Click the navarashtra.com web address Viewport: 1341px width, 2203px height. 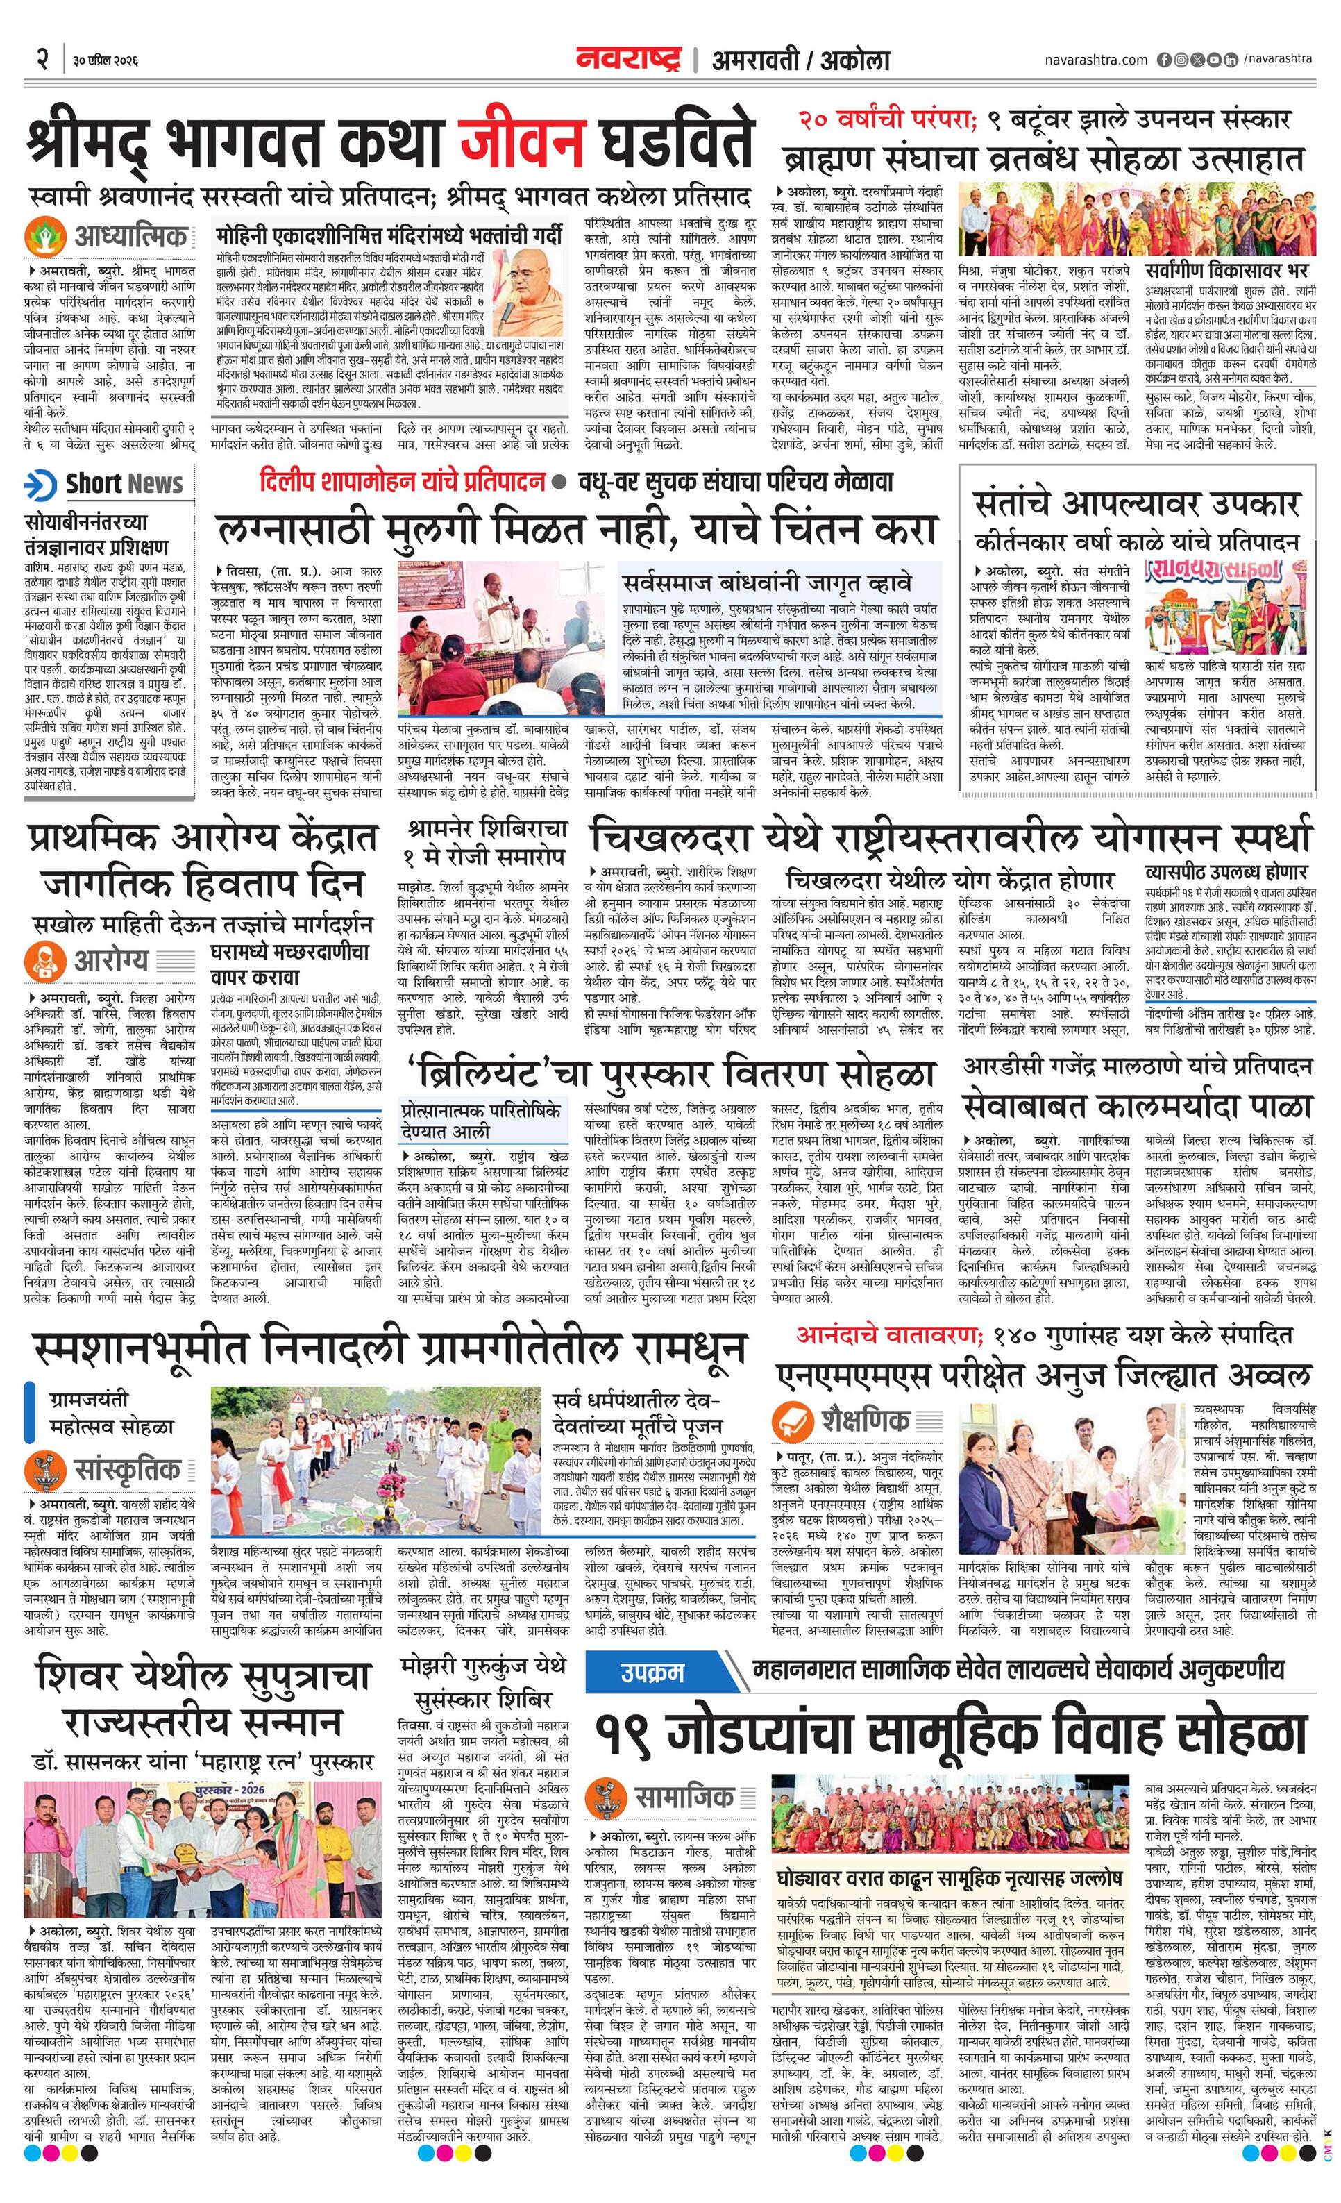pos(1095,60)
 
